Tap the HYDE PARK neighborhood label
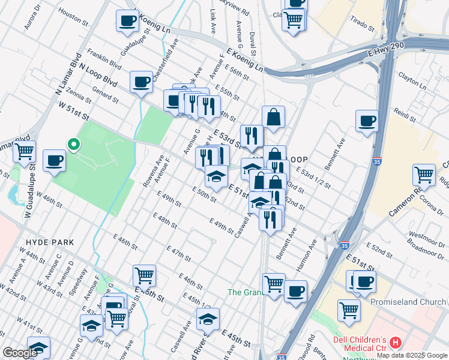(50, 242)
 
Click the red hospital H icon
(395, 343)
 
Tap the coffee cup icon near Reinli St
(366, 121)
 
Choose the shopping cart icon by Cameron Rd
(424, 175)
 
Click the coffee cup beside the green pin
(54, 161)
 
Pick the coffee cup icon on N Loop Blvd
(141, 82)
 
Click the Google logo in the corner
(20, 353)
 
